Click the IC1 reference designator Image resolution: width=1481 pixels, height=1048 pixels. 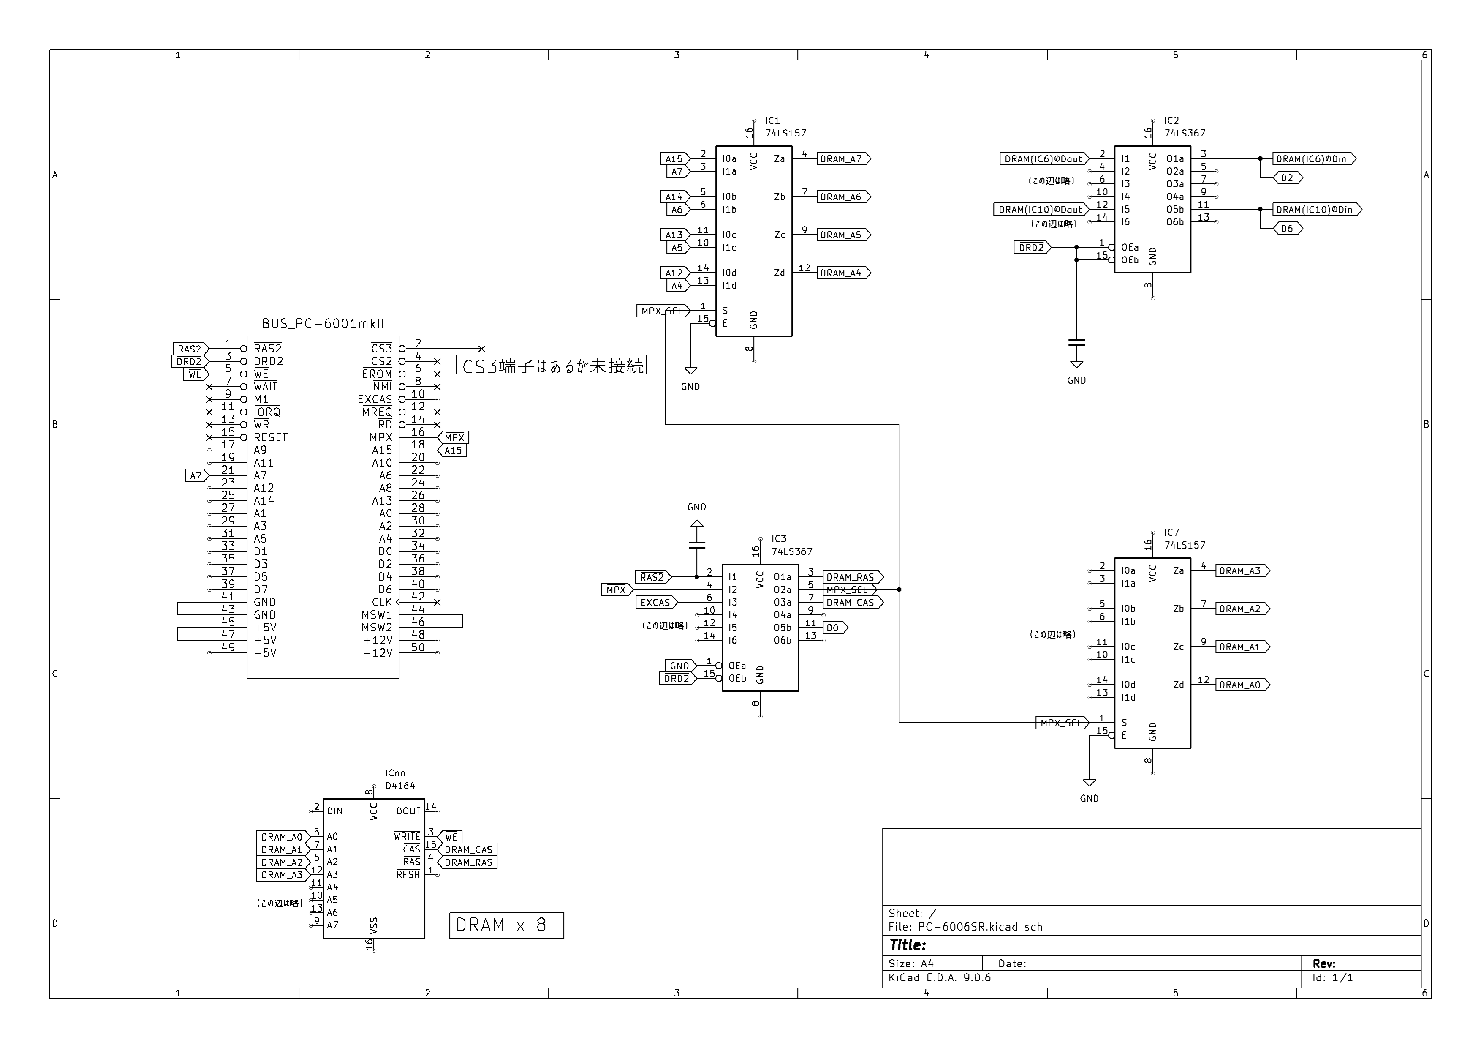click(772, 121)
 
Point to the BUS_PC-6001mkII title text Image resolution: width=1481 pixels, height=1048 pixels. click(323, 324)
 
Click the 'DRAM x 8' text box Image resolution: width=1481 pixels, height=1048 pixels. click(506, 925)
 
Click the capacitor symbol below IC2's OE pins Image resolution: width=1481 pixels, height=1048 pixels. click(1076, 343)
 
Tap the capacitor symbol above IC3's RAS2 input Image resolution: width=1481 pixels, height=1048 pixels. click(697, 545)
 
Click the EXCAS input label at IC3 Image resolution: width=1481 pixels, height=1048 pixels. click(656, 603)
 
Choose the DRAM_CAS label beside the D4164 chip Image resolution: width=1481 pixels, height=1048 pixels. click(467, 850)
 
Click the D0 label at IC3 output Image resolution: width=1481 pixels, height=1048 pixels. click(835, 628)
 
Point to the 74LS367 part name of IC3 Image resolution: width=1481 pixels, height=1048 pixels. click(792, 552)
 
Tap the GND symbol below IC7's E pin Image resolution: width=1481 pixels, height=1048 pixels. click(1090, 783)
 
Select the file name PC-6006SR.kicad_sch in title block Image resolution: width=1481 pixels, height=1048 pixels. click(981, 927)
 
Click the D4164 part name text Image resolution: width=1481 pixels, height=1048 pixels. click(400, 786)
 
